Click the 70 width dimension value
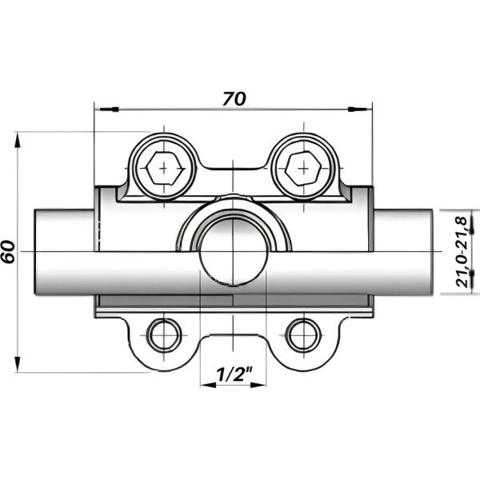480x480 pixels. (234, 98)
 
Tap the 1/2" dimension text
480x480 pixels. (233, 374)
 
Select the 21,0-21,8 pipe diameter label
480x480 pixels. (462, 250)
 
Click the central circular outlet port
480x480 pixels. (232, 251)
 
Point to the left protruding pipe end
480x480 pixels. (64, 251)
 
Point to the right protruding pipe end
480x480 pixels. (404, 251)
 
